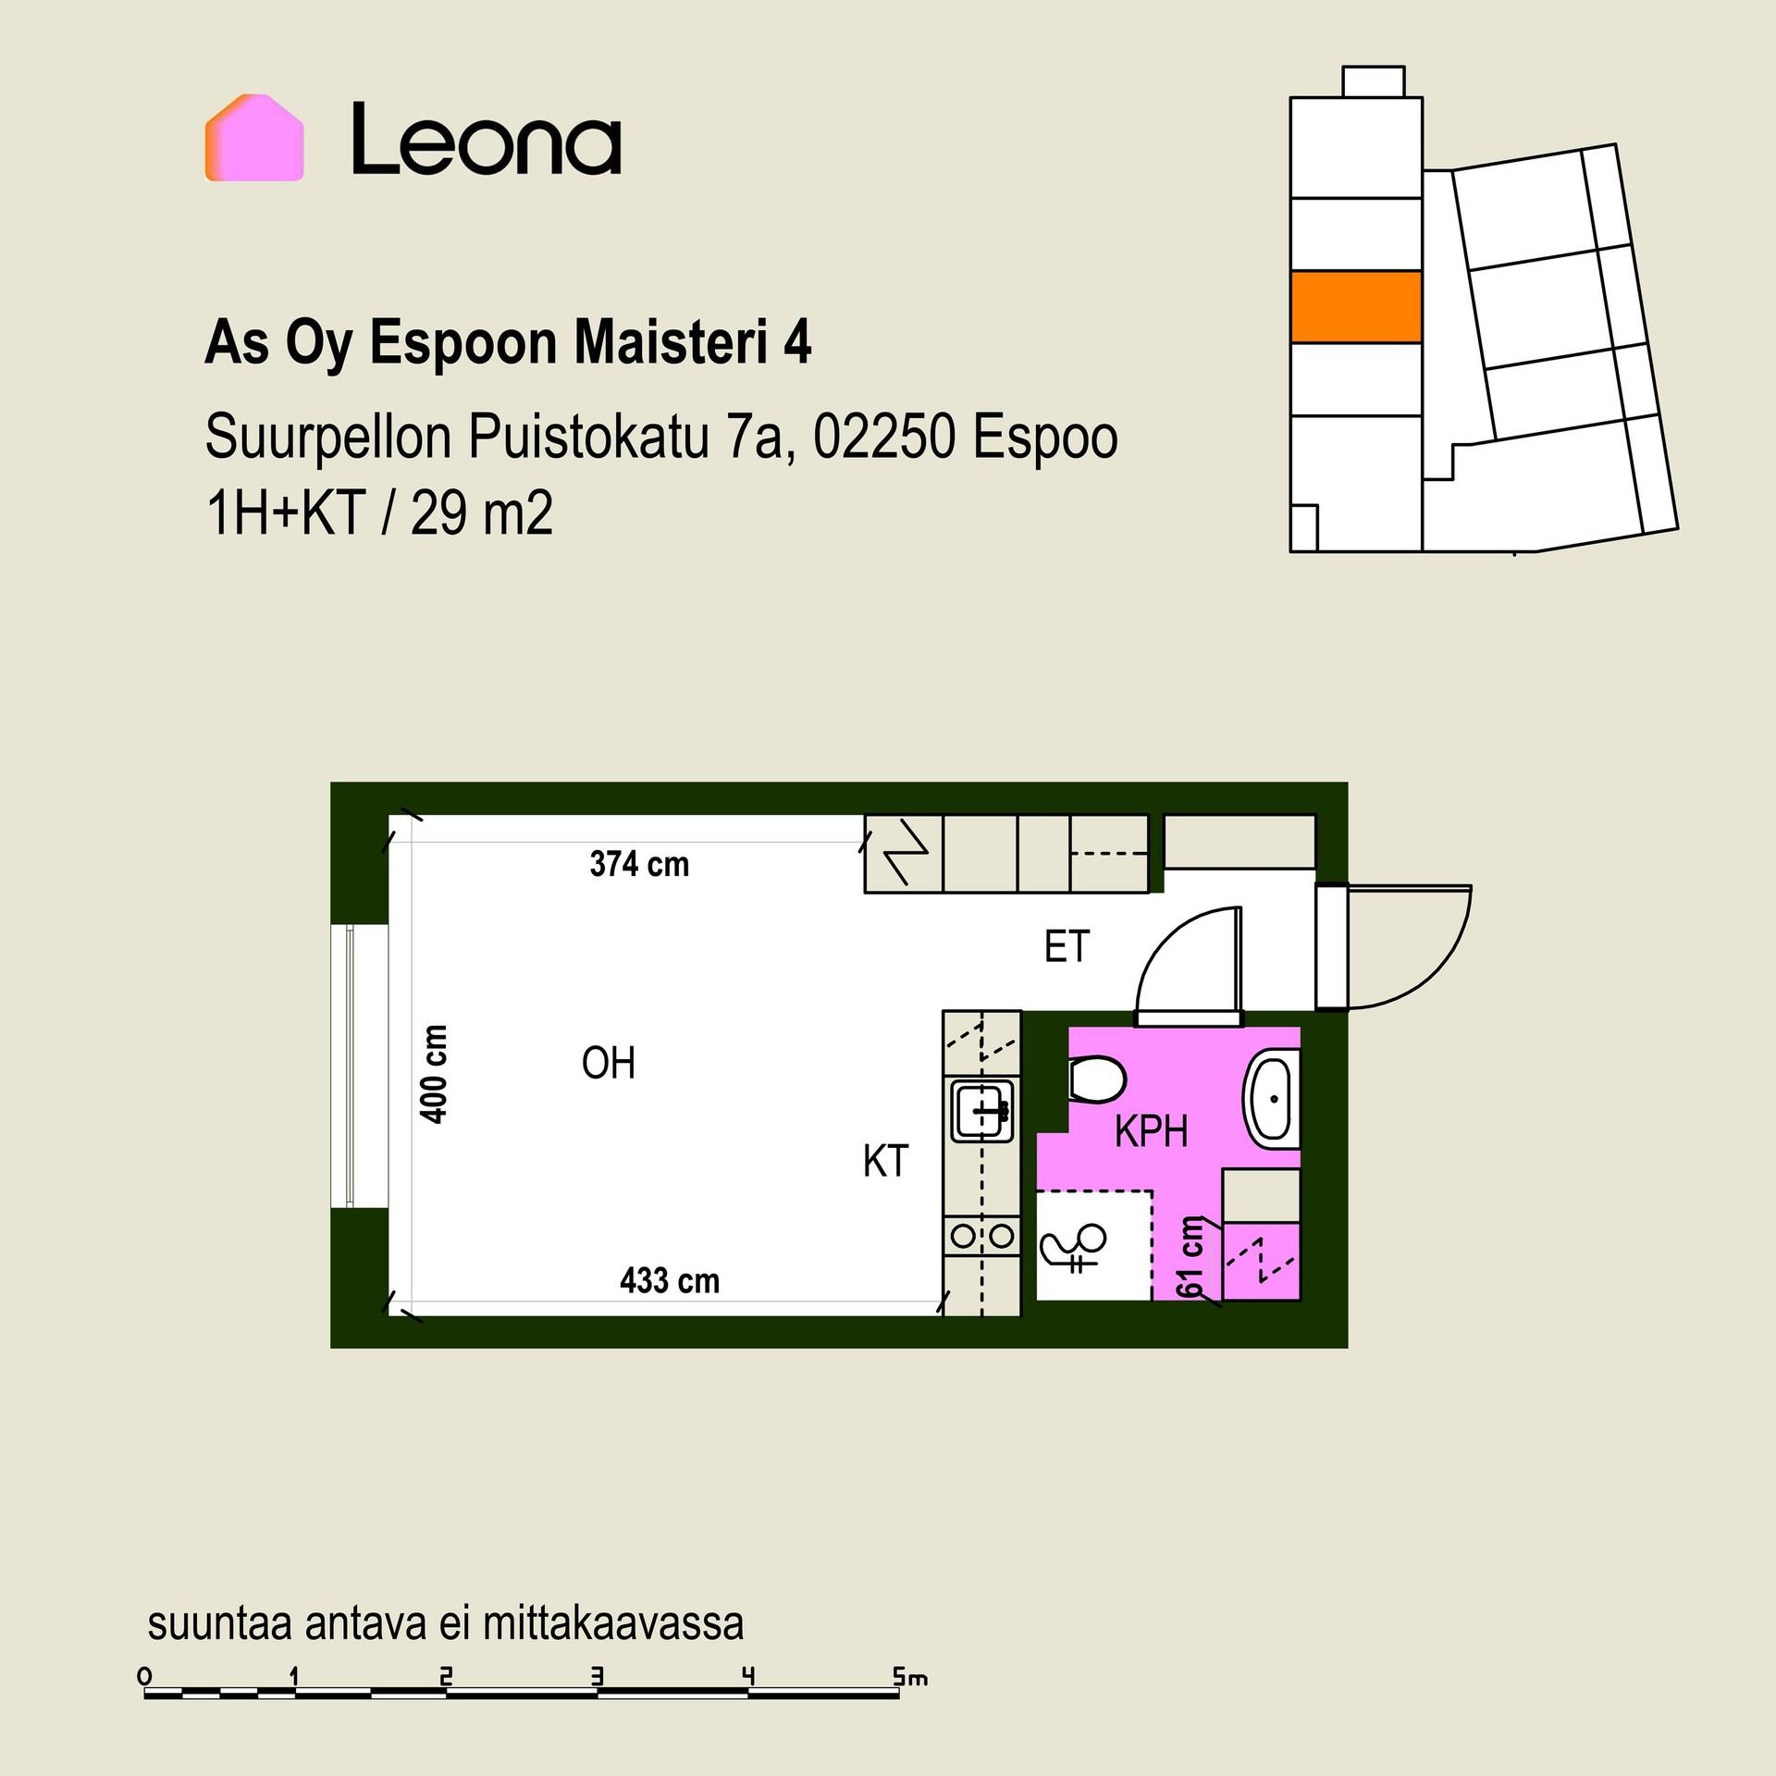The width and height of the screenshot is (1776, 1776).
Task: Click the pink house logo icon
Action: pos(254,137)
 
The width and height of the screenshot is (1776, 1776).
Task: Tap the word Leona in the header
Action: pos(487,138)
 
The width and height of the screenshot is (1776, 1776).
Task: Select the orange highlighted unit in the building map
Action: pos(1356,307)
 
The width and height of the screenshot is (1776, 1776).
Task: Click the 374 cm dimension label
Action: pos(639,864)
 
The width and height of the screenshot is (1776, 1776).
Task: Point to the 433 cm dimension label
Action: pos(670,1280)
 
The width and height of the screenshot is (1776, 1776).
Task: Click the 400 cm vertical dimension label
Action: pos(434,1074)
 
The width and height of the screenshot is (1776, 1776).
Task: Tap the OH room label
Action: pos(609,1064)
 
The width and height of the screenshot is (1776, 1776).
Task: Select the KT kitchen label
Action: pos(886,1161)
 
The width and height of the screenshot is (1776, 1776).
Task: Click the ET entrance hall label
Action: pos(1067,946)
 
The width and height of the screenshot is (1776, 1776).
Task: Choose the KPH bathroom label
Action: pos(1151,1131)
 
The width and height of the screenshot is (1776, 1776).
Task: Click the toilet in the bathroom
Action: pos(1097,1080)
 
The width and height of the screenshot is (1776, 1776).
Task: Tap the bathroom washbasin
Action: pos(1274,1099)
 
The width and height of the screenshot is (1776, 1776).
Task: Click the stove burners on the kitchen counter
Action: pos(982,1235)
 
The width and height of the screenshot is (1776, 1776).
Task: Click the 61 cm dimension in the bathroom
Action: pos(1190,1258)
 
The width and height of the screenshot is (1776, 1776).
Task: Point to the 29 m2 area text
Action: pos(482,513)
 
